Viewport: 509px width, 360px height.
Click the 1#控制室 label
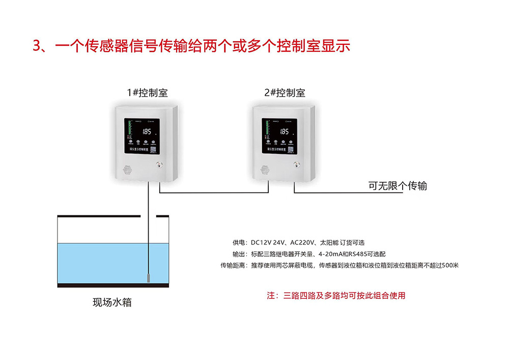click(x=147, y=93)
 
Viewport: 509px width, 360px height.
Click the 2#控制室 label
click(x=285, y=93)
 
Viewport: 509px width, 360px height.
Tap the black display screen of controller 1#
click(x=144, y=136)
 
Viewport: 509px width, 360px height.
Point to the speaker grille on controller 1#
click(x=127, y=169)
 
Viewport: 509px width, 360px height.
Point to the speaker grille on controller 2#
click(x=264, y=169)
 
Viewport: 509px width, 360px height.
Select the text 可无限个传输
click(x=398, y=186)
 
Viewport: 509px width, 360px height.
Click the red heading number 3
click(x=37, y=46)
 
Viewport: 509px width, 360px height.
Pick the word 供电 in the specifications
click(x=238, y=242)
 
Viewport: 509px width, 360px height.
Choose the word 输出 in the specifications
click(x=238, y=254)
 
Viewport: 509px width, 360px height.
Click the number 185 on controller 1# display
click(x=147, y=131)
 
